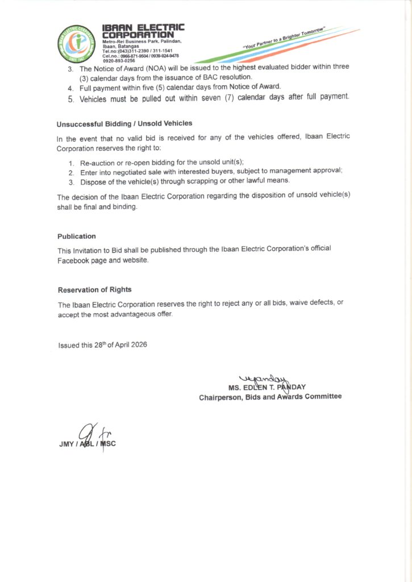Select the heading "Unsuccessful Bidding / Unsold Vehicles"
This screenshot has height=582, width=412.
(124, 123)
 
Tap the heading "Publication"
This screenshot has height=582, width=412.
(77, 236)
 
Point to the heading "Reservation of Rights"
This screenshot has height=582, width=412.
(94, 290)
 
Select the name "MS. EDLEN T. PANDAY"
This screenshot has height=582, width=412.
(267, 387)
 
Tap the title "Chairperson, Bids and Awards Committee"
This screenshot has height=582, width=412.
(270, 396)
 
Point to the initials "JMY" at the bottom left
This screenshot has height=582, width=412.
(66, 444)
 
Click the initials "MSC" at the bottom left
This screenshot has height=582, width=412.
(108, 444)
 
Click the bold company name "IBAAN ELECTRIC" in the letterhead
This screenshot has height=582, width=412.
(143, 27)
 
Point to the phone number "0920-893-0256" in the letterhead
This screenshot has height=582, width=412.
(119, 60)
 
